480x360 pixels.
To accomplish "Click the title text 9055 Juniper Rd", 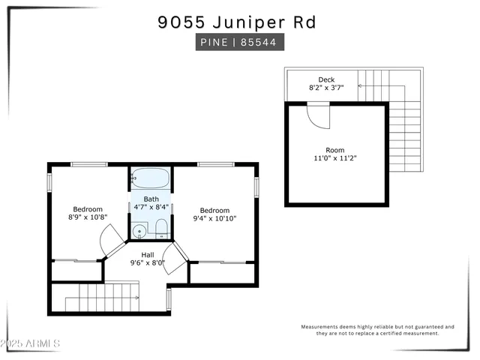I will (237, 22).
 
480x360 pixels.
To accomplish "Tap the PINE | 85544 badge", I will (240, 43).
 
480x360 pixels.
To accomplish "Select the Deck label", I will (326, 79).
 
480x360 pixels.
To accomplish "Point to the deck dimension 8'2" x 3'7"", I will (326, 88).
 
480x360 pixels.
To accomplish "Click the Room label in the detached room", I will (334, 150).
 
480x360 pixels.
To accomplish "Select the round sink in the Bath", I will (138, 230).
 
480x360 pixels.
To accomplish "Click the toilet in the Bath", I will (160, 229).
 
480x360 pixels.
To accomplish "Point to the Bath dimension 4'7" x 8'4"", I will (151, 208).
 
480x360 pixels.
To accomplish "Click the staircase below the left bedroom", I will (101, 298).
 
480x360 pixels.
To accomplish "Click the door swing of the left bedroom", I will (111, 241).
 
